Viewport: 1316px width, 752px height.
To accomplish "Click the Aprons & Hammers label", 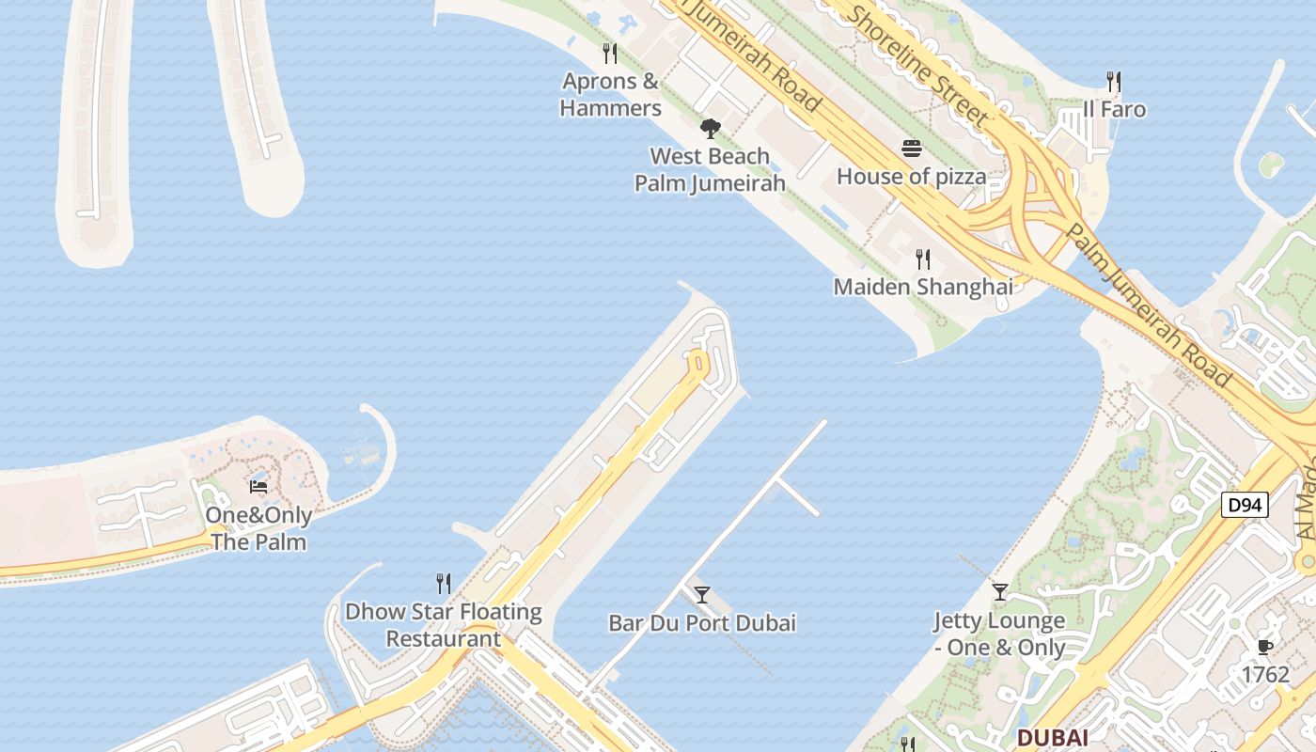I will click(610, 95).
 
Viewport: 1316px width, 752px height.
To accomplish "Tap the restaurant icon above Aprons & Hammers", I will click(610, 53).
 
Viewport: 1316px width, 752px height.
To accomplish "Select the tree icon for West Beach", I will click(710, 129).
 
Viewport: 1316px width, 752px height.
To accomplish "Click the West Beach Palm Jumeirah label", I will click(710, 170).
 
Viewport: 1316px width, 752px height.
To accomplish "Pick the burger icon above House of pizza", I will click(911, 149).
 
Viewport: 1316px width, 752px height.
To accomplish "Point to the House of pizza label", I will click(911, 177).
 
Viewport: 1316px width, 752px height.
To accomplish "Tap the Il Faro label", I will click(1114, 110).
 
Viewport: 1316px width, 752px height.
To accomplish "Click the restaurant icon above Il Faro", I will click(1114, 81).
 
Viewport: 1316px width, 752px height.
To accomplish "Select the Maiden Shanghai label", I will click(923, 287).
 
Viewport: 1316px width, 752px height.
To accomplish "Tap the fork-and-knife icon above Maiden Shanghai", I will click(923, 258).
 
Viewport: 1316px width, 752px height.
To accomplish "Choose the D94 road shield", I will click(1245, 506).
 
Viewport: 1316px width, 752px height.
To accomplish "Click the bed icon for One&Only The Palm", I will click(258, 487).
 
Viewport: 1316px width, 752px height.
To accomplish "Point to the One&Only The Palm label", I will click(258, 529).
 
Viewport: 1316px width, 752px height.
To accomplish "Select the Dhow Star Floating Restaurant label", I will click(444, 625).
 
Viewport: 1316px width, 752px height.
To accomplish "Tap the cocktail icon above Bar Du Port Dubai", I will click(701, 594).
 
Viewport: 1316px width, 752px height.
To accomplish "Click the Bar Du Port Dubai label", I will click(701, 623).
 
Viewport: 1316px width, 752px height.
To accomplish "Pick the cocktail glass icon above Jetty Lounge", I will click(999, 592).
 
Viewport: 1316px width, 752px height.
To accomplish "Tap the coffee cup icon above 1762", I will click(1264, 647).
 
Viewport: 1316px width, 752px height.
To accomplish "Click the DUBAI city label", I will click(1052, 738).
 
